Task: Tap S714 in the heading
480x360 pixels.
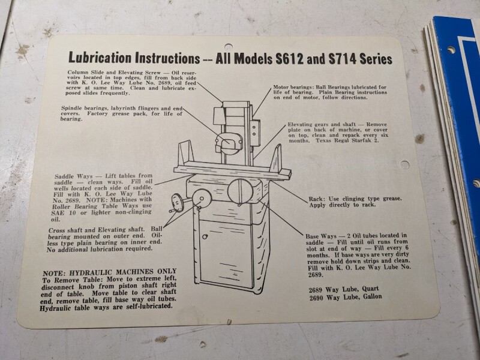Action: pos(342,59)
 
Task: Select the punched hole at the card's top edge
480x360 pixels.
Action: pos(229,47)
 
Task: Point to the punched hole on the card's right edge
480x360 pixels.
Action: pos(404,164)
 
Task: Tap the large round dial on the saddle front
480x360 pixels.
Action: pos(241,191)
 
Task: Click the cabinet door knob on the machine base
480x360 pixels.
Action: pos(205,236)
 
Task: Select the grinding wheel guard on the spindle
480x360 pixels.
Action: pos(229,143)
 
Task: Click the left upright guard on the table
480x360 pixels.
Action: pos(186,154)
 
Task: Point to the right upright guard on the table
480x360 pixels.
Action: pos(276,158)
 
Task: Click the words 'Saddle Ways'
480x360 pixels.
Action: pos(73,176)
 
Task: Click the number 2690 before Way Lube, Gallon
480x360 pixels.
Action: pos(316,298)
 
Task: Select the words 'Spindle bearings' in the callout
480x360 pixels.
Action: pos(84,109)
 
